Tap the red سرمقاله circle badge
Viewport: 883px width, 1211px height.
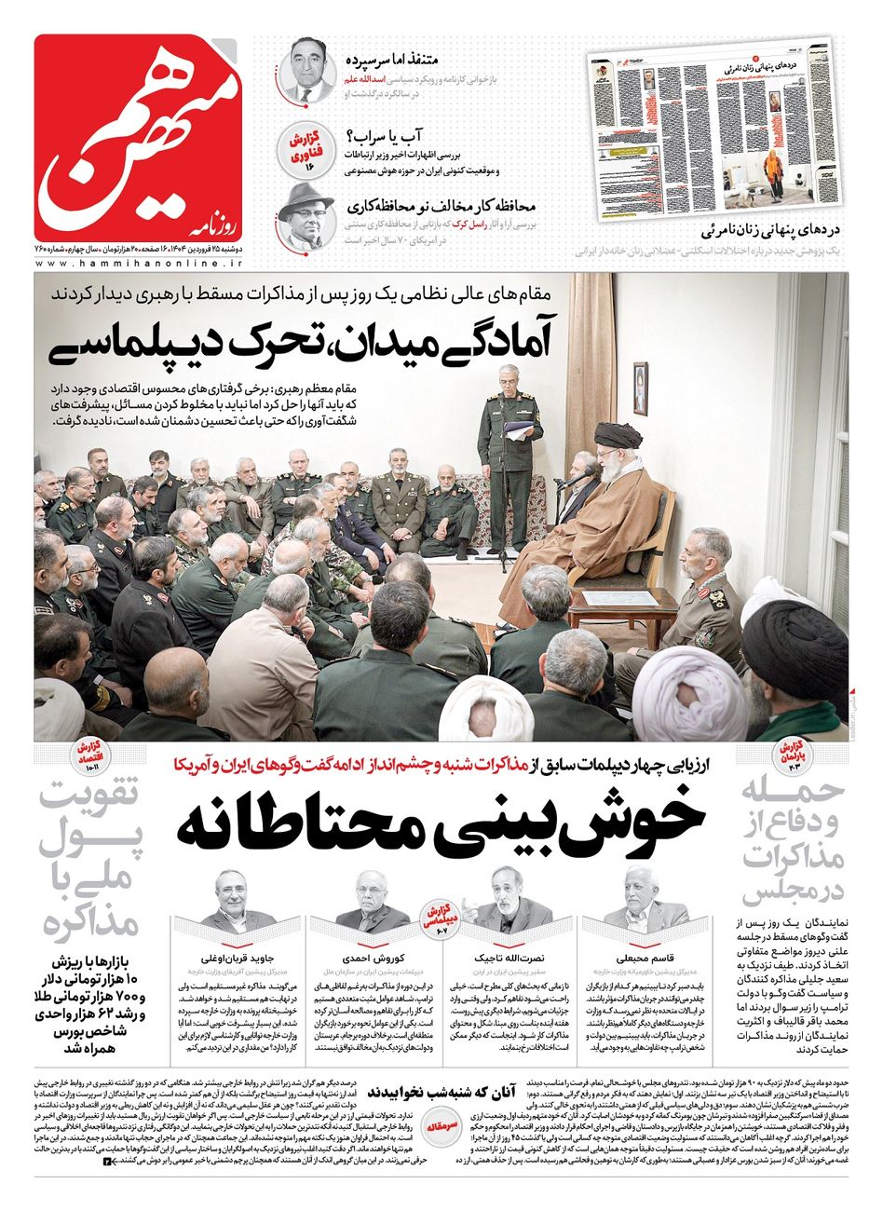click(441, 1124)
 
